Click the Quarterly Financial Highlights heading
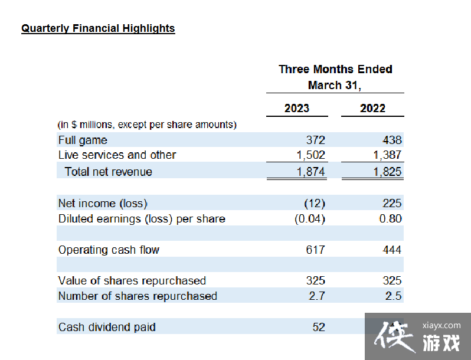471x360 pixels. (x=98, y=28)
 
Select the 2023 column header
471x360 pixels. (x=296, y=108)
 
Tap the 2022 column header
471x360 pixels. (x=372, y=108)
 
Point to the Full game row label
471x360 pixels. (x=83, y=140)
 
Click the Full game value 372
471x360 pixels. (x=316, y=140)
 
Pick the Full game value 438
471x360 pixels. (x=392, y=140)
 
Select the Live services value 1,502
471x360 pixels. (x=310, y=155)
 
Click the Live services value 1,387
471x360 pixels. (x=387, y=155)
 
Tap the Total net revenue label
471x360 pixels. (x=109, y=172)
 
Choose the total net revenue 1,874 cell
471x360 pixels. (x=310, y=172)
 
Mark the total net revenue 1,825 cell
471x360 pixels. (x=387, y=172)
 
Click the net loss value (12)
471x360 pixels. (x=315, y=204)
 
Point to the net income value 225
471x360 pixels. (x=392, y=204)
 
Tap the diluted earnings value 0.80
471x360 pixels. (x=391, y=219)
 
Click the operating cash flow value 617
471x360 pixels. (x=316, y=250)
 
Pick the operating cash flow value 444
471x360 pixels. (x=392, y=250)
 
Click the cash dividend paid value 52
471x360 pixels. (x=319, y=327)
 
